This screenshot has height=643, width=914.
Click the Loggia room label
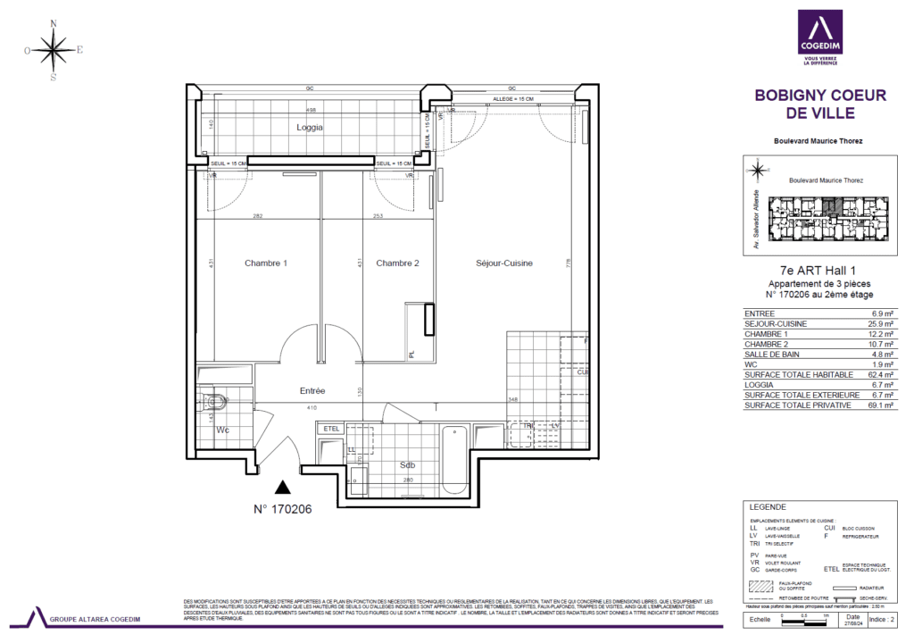310,128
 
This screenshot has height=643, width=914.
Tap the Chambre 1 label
266,263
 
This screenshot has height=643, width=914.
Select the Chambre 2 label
397,263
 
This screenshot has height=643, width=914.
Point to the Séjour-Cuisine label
504,263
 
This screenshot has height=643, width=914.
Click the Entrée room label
312,391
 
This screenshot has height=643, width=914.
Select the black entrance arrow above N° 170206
283,487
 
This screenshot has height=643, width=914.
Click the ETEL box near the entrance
332,429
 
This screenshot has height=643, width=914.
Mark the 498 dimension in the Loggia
311,110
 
